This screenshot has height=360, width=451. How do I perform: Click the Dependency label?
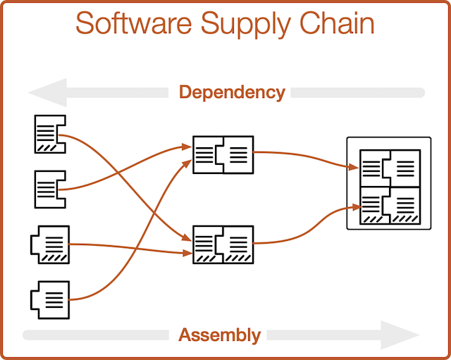[232, 92]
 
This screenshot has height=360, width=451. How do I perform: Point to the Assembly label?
[219, 335]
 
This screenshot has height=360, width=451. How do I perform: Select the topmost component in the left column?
[49, 134]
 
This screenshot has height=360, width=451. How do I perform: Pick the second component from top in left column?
[49, 189]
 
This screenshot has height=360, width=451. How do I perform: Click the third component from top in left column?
[51, 244]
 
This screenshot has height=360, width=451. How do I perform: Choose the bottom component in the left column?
[51, 299]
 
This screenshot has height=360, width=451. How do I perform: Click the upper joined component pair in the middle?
[223, 153]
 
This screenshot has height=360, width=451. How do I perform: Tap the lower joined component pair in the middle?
[223, 244]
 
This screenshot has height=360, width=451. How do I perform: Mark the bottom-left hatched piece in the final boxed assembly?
[374, 205]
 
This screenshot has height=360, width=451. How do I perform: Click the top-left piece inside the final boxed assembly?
[374, 168]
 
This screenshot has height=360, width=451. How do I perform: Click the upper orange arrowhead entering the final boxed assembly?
[354, 167]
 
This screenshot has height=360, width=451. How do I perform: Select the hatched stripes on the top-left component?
[47, 147]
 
